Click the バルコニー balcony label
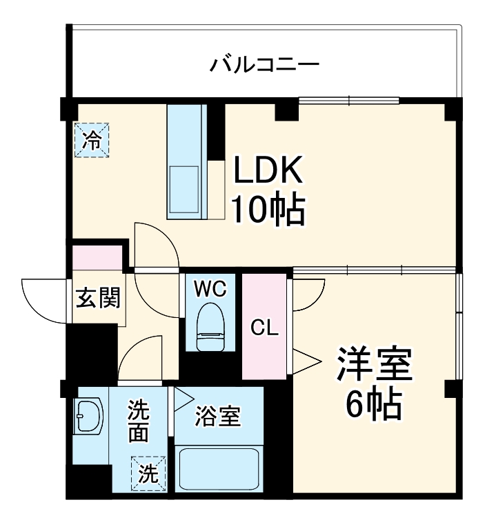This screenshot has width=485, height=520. (264, 66)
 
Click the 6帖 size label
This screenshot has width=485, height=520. (373, 405)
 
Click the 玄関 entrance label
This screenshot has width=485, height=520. (98, 299)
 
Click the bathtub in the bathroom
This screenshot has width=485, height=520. (219, 471)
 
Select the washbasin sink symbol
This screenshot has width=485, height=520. (89, 417)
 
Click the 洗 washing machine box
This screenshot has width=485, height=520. (148, 474)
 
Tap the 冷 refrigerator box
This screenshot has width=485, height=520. (91, 139)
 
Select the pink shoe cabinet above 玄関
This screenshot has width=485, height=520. (98, 257)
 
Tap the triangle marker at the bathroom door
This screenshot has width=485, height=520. (182, 398)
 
